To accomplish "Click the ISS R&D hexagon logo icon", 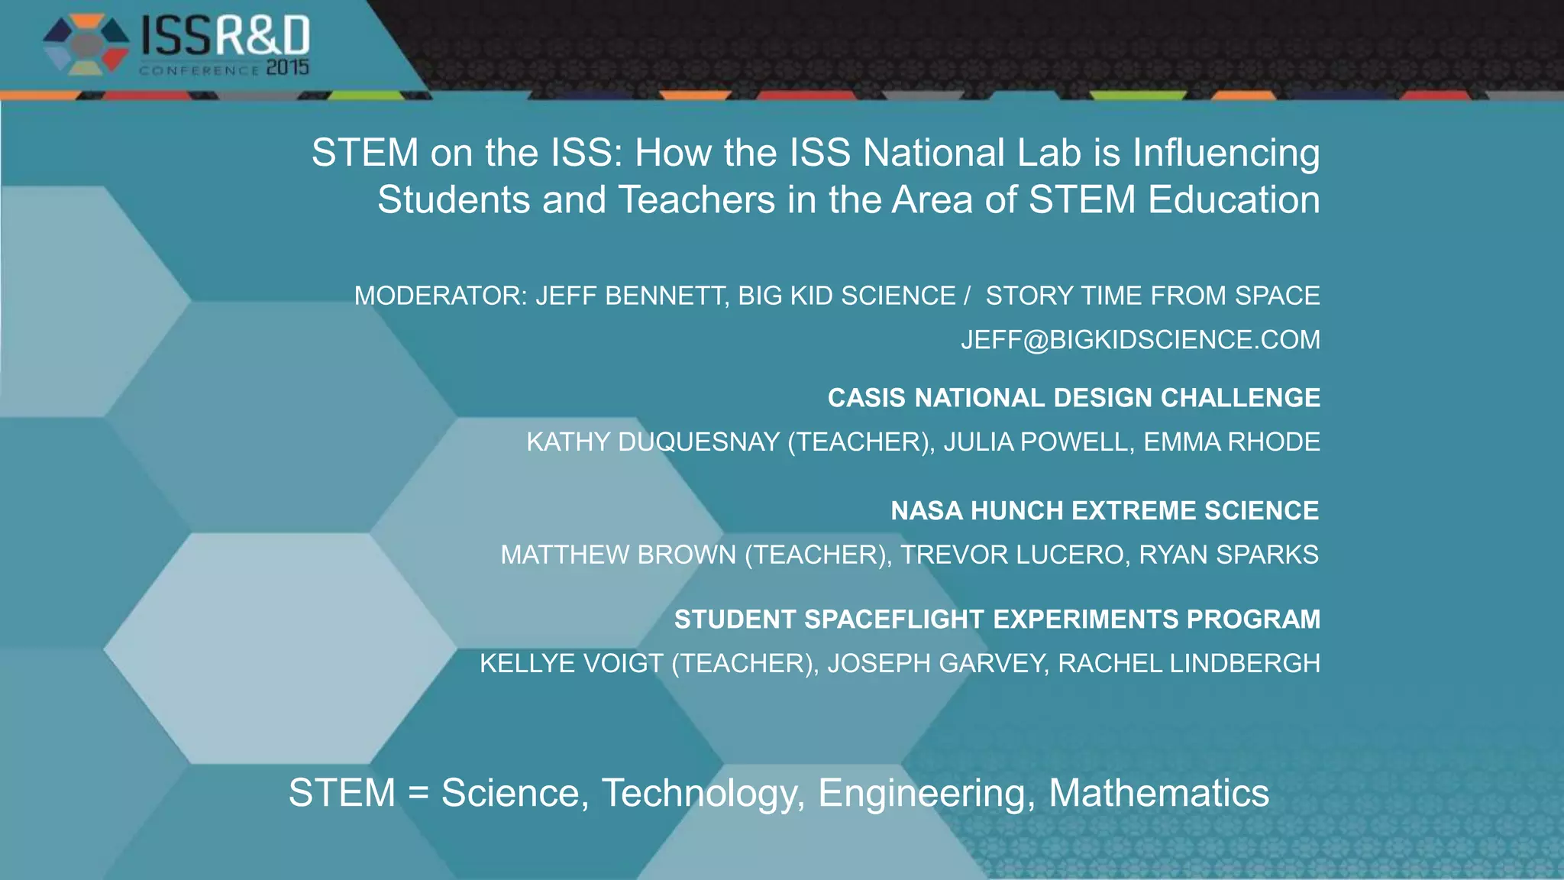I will [86, 45].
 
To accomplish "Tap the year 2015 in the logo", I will [287, 68].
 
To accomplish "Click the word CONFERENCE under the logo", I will [199, 70].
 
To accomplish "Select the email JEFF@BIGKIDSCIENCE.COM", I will [1140, 339].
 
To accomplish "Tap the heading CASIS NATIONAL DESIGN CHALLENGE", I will [1074, 398].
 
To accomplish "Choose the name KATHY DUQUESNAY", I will [653, 442].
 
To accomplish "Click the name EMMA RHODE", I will [1231, 442].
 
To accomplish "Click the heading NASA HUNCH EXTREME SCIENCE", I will [1104, 510].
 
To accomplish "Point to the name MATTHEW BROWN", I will [619, 555].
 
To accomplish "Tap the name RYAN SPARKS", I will [1228, 555].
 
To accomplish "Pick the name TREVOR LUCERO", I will [1015, 555].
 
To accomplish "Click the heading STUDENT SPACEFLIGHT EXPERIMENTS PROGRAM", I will [997, 619].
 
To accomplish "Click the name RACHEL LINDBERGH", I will [1188, 663].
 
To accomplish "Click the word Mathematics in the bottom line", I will [1158, 793].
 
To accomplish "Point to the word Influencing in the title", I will [1226, 153].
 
